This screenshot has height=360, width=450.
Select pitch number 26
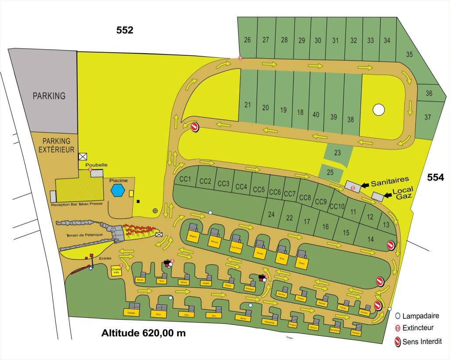[x=247, y=40]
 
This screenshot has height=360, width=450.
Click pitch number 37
[x=428, y=117]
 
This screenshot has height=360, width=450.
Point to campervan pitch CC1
[x=185, y=179]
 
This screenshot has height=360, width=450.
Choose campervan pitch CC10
[x=337, y=206]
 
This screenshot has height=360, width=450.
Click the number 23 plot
[x=337, y=153]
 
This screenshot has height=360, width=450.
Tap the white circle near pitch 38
[x=378, y=109]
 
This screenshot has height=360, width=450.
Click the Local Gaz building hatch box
[x=377, y=195]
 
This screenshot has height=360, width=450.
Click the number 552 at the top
[x=125, y=30]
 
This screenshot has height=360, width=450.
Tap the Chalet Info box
[x=116, y=271]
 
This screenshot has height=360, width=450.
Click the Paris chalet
[x=157, y=314]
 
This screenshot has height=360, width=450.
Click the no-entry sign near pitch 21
[x=195, y=126]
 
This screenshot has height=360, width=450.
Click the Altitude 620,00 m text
[x=143, y=333]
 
